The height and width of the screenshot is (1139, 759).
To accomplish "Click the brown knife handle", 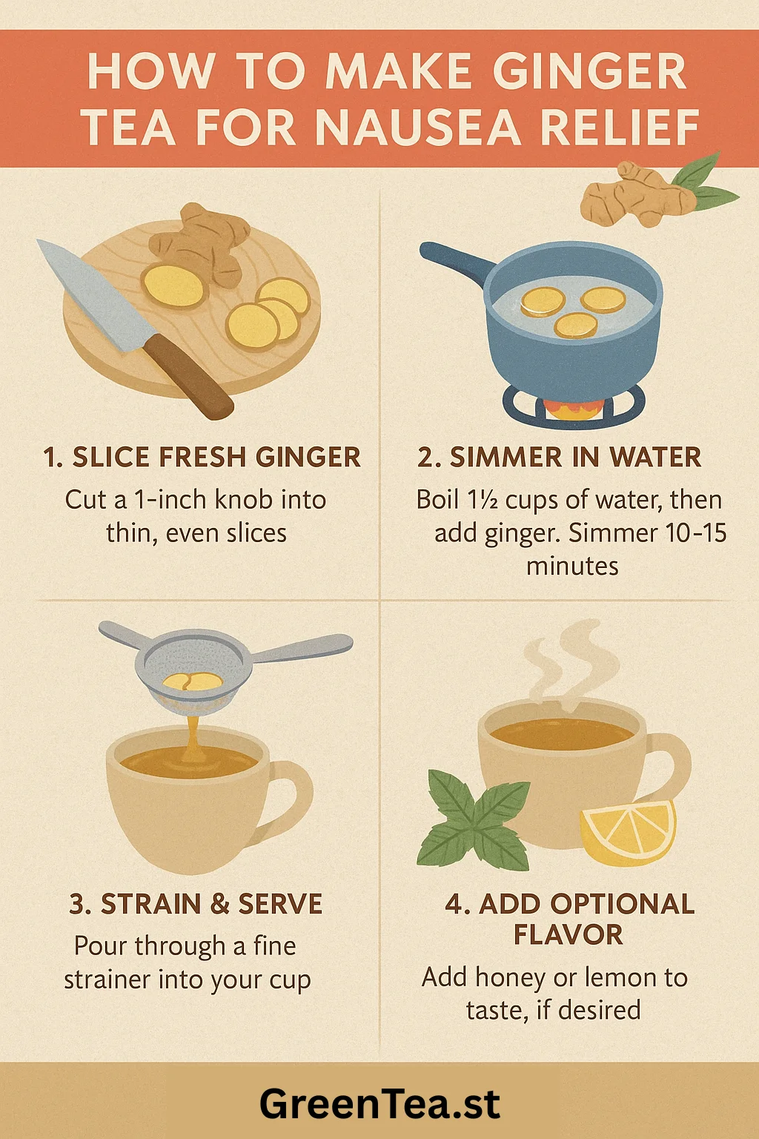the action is point(189,375).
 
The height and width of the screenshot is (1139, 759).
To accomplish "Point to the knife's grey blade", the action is point(94,295).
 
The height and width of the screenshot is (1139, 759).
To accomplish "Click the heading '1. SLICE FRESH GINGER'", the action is point(202,457).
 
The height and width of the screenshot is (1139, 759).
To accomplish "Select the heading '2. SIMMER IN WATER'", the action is point(559,457).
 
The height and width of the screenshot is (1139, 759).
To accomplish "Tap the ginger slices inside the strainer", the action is point(193,681).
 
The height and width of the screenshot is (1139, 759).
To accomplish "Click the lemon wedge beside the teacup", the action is point(629,833).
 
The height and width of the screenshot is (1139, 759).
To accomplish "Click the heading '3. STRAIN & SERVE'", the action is point(196,904).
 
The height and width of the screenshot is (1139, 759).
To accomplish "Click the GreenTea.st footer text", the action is point(379,1103).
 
